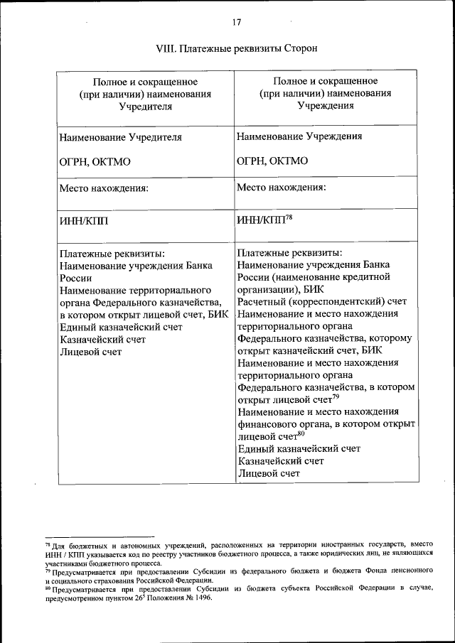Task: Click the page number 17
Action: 237,22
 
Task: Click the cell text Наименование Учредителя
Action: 120,136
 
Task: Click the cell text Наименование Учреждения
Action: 299,136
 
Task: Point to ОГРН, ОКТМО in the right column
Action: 272,161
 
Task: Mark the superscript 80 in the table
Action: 301,433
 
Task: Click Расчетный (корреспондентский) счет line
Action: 322,301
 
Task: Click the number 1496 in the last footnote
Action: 201,598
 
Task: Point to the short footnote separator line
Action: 99,538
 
